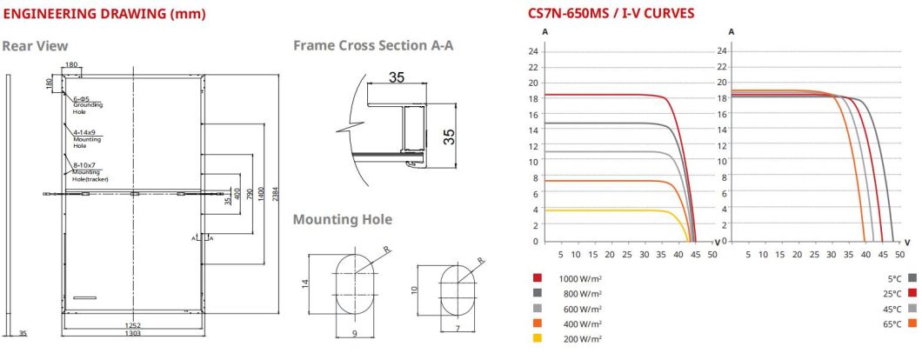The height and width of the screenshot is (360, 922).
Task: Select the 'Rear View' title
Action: (x=35, y=45)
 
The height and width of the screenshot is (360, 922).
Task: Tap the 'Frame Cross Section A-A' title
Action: (x=373, y=45)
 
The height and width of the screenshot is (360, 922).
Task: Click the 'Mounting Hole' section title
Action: (x=342, y=219)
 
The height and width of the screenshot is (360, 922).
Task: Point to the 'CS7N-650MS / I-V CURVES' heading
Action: (x=611, y=14)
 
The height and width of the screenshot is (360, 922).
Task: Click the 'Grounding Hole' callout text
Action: (x=88, y=108)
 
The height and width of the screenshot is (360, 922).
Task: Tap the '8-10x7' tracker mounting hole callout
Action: (x=84, y=164)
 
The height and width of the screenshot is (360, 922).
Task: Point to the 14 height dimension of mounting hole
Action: (x=306, y=284)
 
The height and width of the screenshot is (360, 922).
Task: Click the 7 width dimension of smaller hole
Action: (x=457, y=329)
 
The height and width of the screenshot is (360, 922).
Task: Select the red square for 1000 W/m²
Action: (x=538, y=278)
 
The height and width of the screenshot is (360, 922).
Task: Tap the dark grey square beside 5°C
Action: (x=912, y=278)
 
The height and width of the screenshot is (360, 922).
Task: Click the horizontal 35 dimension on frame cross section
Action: (x=397, y=78)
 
